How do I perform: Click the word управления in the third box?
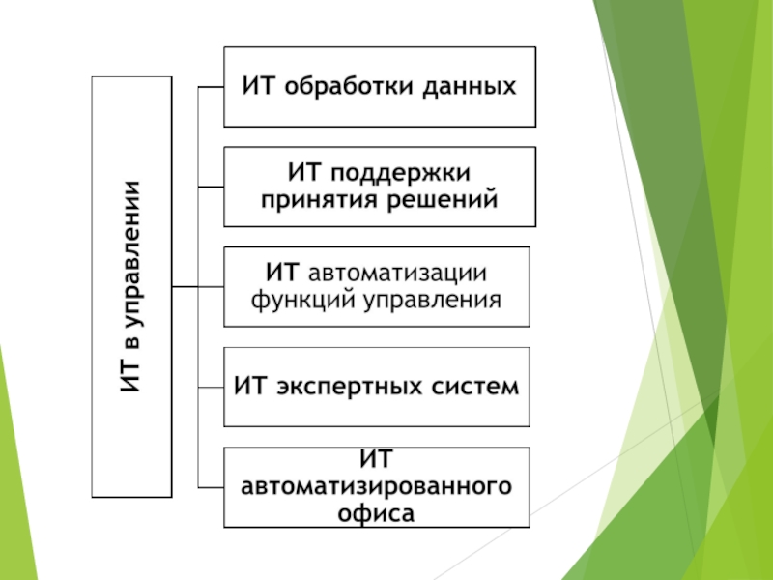click(x=432, y=299)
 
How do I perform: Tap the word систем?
click(x=472, y=387)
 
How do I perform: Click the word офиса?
click(x=377, y=512)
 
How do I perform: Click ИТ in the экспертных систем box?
click(x=248, y=387)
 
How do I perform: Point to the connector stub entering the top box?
click(x=211, y=86)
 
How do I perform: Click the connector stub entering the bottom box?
click(x=211, y=485)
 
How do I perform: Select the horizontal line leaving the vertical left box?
click(x=185, y=286)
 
